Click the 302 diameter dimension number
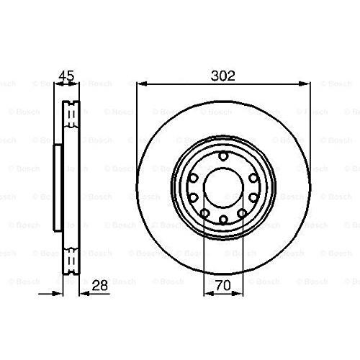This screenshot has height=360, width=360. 222,76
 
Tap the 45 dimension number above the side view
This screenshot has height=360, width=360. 67,76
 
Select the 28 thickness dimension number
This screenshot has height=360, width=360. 99,286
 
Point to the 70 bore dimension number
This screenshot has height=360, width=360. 223,286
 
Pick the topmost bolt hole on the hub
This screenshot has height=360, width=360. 223,157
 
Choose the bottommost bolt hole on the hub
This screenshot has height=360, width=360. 223,219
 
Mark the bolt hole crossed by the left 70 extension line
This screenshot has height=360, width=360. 204,213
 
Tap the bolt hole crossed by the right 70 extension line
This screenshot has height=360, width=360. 242,213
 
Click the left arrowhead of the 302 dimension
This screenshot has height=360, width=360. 141,84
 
